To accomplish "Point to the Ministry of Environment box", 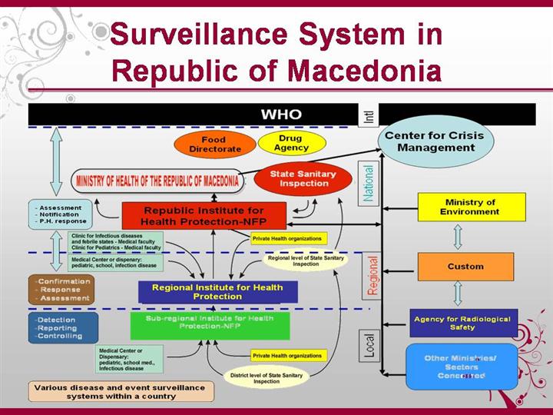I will coord(471,207).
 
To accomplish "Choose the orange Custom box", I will coord(465,267).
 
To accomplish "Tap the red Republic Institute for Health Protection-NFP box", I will coord(204,216).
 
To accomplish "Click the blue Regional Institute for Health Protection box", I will coord(217,292).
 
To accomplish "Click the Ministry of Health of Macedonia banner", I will coord(157,181).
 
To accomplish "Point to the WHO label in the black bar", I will coord(281,115).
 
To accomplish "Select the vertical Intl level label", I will coord(369,115).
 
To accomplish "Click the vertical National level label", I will coord(369,184).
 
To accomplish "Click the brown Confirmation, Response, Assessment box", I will coord(61,290).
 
